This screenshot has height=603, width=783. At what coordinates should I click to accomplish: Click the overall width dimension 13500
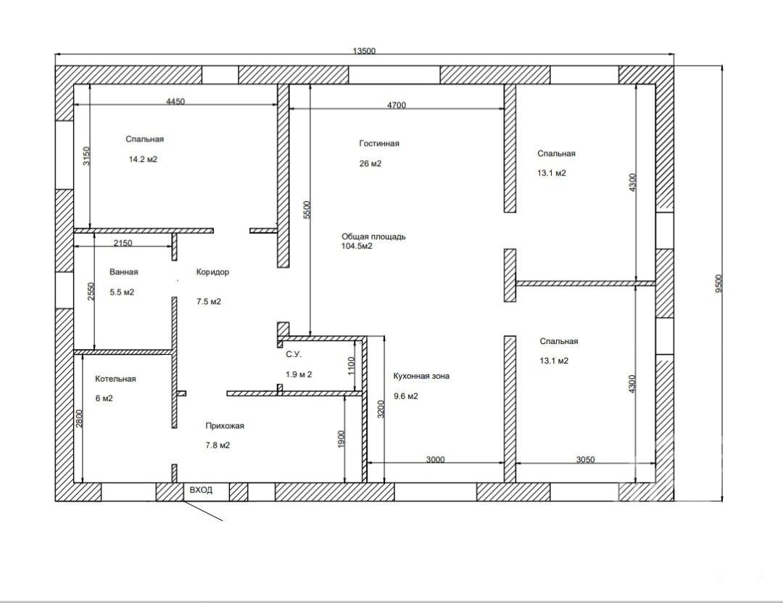(364, 51)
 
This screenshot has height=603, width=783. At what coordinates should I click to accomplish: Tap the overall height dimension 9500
(718, 284)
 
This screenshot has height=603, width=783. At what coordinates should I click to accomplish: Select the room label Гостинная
(379, 144)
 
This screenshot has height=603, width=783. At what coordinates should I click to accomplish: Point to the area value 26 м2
(370, 163)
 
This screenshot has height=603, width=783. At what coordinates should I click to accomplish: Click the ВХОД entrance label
(201, 490)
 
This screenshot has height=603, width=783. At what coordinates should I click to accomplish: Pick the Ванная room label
(123, 272)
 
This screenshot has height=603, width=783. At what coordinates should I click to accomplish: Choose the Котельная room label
(115, 379)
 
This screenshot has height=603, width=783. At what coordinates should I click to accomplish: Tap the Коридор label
(212, 272)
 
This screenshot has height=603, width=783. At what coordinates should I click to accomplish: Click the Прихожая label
(225, 426)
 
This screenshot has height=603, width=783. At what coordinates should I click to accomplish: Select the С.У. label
(294, 355)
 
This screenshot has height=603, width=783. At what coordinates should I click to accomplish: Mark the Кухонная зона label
(421, 376)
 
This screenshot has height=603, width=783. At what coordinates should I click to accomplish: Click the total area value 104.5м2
(357, 246)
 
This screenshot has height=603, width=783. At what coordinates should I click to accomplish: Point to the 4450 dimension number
(175, 102)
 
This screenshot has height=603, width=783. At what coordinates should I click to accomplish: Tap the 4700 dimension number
(397, 105)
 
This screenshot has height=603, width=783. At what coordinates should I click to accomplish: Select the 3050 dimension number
(585, 459)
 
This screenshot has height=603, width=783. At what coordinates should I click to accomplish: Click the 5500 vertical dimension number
(307, 210)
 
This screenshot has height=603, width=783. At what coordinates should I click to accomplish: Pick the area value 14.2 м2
(143, 160)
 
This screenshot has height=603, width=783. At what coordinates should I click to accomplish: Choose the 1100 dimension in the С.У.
(351, 366)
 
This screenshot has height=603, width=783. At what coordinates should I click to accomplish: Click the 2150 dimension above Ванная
(123, 243)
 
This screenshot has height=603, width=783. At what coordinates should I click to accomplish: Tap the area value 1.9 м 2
(299, 374)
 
